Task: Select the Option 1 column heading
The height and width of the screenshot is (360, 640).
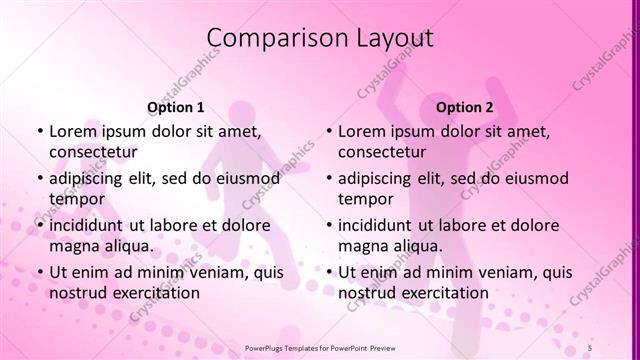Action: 176,106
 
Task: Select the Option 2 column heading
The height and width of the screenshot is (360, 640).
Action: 465,106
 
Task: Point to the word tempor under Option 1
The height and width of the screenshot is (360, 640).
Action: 76,198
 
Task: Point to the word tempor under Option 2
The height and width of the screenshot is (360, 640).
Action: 365,198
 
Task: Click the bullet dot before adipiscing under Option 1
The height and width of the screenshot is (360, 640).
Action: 39,179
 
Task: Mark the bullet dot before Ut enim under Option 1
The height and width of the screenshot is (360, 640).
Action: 39,273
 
